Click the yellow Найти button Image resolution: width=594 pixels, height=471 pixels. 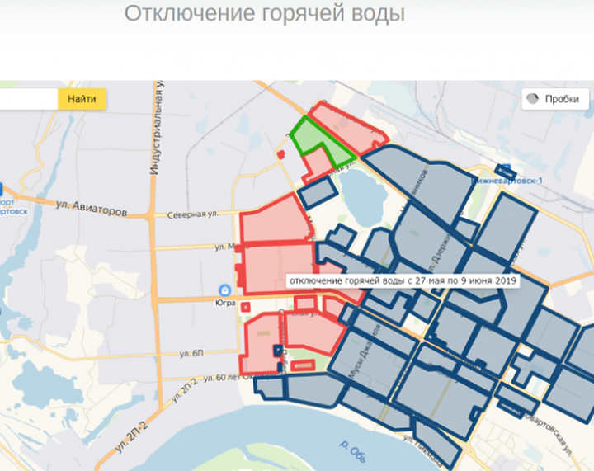82,99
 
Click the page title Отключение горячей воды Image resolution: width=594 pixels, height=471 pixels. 265,14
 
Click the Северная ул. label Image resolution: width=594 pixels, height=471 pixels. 195,215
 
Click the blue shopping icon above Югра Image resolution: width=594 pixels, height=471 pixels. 224,290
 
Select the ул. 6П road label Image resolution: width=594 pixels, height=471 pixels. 192,353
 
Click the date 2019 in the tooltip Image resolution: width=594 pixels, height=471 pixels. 504,281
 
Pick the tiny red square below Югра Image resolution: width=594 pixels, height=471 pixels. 246,307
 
